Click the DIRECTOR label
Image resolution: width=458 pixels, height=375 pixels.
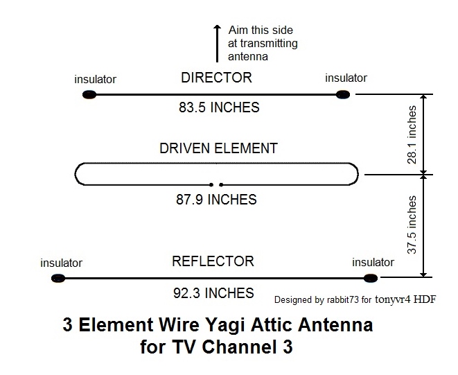216,77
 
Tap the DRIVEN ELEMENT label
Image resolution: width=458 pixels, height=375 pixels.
218,148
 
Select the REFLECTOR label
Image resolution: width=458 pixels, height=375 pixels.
213,261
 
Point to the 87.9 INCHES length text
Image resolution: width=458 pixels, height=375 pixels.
215,200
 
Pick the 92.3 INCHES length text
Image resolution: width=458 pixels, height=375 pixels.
213,293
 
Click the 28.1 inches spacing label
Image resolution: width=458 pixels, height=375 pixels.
412,134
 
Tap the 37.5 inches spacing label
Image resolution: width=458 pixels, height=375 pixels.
412,225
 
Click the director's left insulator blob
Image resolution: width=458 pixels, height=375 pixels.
89,94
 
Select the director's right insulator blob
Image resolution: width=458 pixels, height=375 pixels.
342,94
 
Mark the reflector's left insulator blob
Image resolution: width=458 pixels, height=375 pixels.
58,279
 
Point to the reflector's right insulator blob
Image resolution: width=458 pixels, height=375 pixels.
372,279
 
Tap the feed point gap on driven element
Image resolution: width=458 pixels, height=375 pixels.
216,185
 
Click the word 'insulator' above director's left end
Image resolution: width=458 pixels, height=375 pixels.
96,79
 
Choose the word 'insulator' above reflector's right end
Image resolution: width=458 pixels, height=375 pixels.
373,263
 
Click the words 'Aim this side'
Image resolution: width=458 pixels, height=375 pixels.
261,30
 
